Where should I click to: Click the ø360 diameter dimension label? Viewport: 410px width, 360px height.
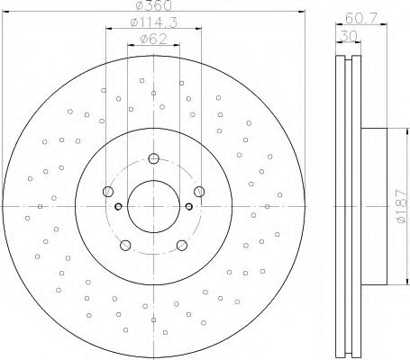[153, 5]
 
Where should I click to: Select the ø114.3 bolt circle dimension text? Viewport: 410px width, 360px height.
[153, 22]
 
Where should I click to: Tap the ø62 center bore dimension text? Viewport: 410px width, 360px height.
[153, 39]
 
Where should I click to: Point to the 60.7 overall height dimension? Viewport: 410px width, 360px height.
[360, 18]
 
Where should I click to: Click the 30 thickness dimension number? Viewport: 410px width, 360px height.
[349, 36]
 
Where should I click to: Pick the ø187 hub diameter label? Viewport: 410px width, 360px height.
[402, 206]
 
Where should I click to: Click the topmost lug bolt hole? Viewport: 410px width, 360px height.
[153, 158]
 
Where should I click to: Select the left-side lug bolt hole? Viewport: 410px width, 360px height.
[108, 192]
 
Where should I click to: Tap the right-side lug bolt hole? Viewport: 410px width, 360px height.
[199, 192]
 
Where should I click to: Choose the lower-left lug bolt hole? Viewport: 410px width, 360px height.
[125, 245]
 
